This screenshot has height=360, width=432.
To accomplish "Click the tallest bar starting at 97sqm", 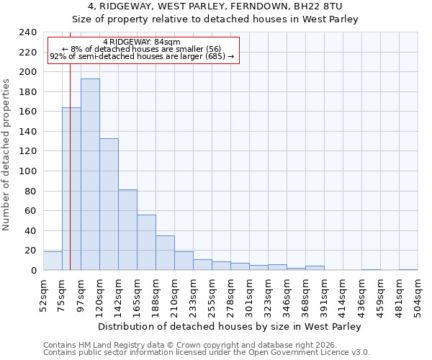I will (x=90, y=174).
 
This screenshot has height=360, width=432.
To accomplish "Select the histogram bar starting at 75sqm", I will (x=71, y=189).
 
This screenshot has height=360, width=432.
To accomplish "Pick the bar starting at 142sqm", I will (x=127, y=230).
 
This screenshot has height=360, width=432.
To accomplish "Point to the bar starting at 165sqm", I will (x=146, y=242).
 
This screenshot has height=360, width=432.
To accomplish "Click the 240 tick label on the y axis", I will (x=27, y=32).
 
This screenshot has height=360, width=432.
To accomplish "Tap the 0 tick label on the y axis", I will (x=33, y=271).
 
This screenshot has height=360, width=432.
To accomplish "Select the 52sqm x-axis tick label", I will (x=43, y=295).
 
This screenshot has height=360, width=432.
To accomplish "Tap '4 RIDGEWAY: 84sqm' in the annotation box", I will (x=142, y=42).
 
